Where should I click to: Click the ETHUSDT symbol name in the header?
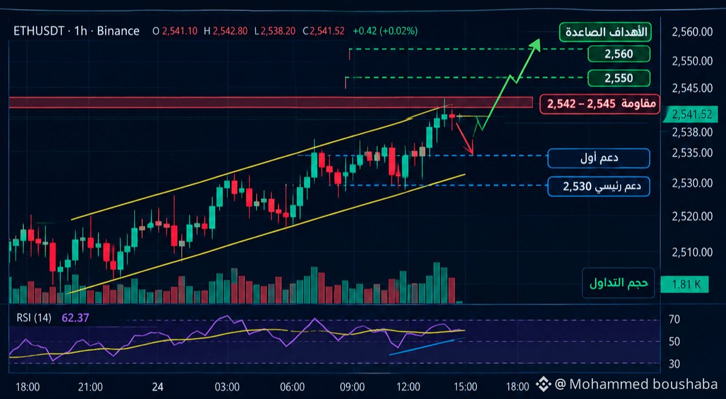coord(39,31)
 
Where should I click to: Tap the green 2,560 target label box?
coord(619,54)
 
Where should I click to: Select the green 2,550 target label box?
coord(619,78)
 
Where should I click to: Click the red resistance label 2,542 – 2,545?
coord(600,104)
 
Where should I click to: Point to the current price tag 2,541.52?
coord(692,114)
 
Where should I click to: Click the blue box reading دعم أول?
coord(599,158)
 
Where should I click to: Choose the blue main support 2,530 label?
coord(599,186)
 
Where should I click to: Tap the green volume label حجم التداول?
coord(618,283)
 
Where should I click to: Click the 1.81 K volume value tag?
coord(684,285)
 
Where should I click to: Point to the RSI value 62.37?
coord(75,318)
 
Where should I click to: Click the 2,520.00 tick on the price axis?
coord(692,216)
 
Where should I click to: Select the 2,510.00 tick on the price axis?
coord(692,252)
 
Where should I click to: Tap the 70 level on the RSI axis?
coord(674,319)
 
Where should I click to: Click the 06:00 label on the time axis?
coord(292,387)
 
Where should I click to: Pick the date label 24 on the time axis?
coord(157,387)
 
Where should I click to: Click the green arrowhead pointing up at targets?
coord(536,44)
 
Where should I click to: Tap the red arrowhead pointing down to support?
coord(469,150)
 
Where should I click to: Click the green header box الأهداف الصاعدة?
coord(606,32)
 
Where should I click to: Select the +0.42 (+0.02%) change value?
coord(385,31)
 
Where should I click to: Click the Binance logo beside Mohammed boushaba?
coord(543,384)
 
